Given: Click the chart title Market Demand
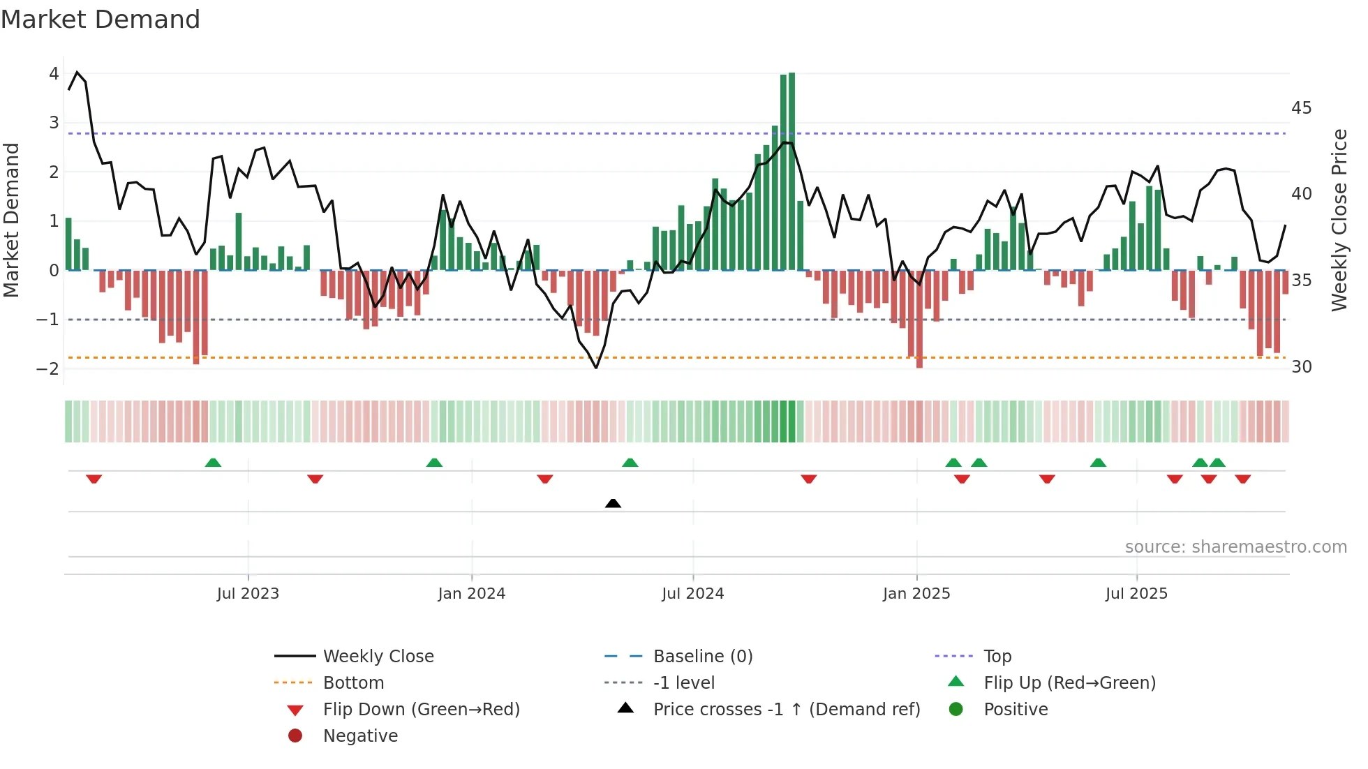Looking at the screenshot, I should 101,20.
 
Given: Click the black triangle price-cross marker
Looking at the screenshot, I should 613,503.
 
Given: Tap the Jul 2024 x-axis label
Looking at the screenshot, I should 692,594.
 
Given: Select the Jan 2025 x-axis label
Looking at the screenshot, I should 916,594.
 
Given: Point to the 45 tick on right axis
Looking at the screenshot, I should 1301,108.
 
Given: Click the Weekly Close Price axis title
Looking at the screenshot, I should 1339,220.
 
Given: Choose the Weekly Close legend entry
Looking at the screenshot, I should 378,657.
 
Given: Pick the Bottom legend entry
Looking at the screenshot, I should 353,683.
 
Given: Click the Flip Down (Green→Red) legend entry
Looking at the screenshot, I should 421,710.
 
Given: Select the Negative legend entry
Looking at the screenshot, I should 360,736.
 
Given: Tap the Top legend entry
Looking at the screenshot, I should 997,657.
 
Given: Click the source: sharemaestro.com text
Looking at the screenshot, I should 1235,547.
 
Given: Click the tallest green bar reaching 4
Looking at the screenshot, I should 791,171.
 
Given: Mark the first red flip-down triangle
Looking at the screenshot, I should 94,479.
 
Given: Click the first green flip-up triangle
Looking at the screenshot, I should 213,463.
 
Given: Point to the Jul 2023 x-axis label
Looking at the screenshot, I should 248,594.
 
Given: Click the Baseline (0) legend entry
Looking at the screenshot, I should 702,657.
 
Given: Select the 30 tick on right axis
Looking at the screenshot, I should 1301,367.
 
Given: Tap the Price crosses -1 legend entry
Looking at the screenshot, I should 786,710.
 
